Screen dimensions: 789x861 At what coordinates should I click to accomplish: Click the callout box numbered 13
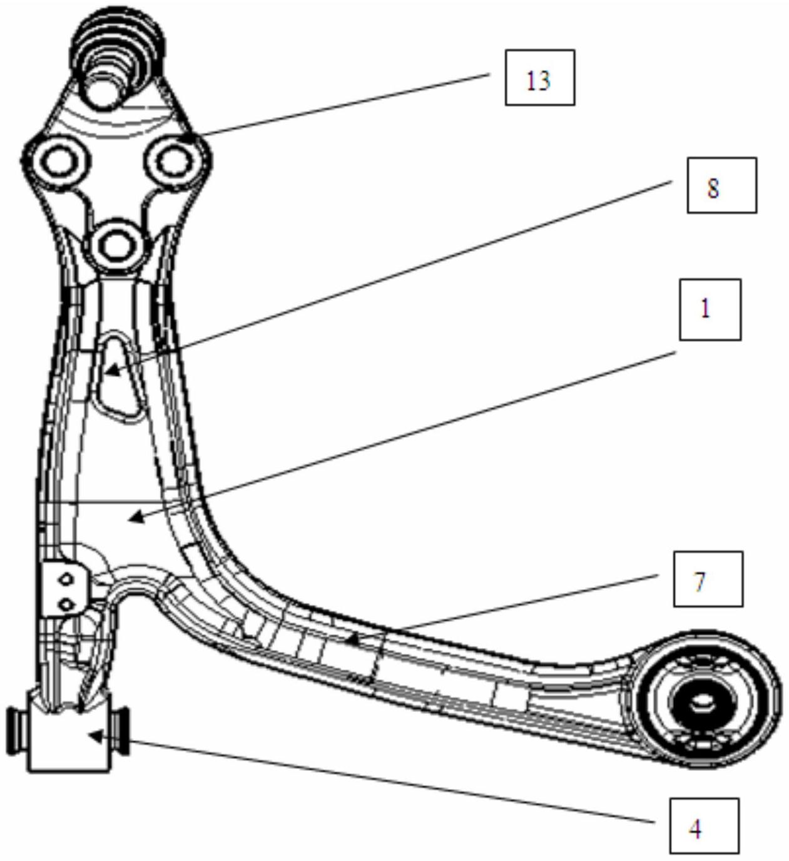[540, 77]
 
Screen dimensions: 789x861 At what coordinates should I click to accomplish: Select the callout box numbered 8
[722, 185]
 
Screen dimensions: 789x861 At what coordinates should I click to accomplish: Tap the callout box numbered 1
[710, 309]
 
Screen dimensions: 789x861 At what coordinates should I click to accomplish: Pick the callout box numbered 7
[708, 579]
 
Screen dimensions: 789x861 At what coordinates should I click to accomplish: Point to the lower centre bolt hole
[114, 245]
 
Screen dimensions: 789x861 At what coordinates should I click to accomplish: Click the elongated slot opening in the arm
[117, 378]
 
